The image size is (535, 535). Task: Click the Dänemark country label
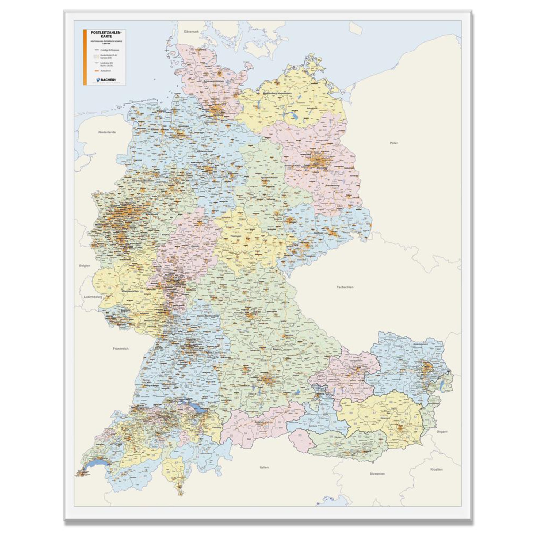coord(192,32)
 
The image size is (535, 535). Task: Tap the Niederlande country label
coord(107,132)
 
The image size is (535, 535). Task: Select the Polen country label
coord(394,143)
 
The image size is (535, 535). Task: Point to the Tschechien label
coord(345,287)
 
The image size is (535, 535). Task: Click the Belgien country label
coord(85,266)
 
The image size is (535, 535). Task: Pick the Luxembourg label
coord(93,297)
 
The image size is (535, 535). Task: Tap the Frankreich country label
coord(121,349)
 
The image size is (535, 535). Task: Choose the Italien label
coord(264,467)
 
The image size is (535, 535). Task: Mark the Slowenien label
coord(377,473)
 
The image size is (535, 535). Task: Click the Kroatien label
coord(436,469)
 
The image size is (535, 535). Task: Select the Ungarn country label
coord(442,431)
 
